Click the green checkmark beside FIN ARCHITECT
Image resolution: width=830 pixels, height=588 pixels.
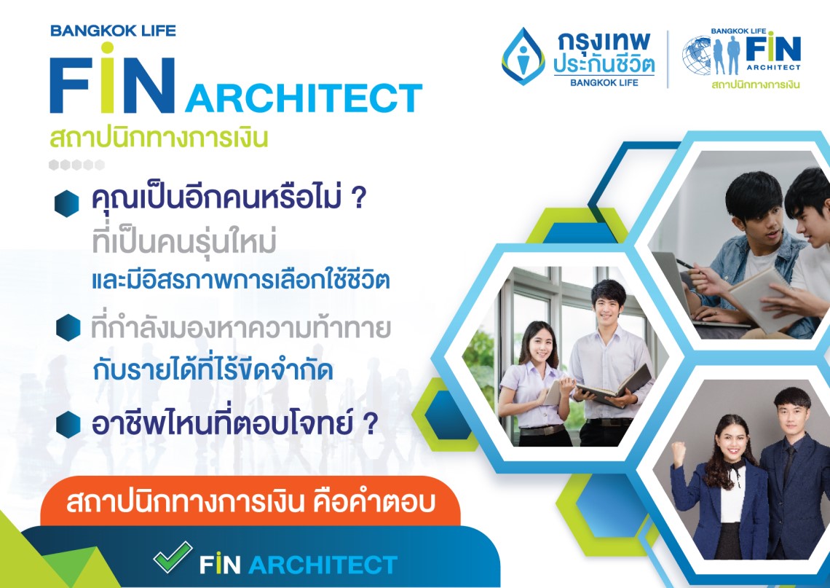coord(173,557)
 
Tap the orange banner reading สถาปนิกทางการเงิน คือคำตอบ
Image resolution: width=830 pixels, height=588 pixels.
coord(250,501)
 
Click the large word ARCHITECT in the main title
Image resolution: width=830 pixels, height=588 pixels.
coord(304,98)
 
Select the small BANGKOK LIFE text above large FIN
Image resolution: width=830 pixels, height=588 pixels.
coord(114,31)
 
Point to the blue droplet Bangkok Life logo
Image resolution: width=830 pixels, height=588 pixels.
coord(523,56)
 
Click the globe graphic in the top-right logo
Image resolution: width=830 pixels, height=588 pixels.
coord(697,55)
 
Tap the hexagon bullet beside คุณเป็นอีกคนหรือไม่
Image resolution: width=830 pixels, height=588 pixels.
coord(67,203)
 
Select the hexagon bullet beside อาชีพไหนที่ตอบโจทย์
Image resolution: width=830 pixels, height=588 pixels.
coord(68,424)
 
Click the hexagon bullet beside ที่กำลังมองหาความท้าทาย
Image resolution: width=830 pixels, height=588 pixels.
coord(68,327)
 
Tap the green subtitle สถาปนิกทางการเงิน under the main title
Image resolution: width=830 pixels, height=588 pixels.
coord(159,138)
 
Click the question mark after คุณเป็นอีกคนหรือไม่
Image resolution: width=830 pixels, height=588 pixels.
coord(358,197)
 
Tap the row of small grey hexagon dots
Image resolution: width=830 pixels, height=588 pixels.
coord(76,165)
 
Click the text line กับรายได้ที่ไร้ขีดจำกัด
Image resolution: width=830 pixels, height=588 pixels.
coord(213,369)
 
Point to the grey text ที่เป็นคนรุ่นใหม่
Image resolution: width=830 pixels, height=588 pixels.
coord(184,241)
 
